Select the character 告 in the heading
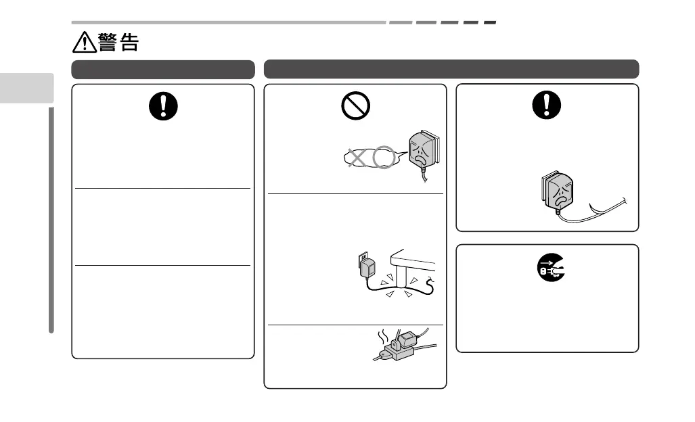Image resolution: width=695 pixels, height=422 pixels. point(129,43)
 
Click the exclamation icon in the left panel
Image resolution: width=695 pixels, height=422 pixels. point(162,105)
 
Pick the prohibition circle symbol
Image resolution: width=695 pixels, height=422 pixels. point(355,107)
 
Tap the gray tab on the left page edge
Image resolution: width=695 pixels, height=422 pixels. point(26,87)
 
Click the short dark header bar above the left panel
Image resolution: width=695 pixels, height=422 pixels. point(163,69)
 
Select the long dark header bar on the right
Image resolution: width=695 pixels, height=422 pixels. point(451,69)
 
